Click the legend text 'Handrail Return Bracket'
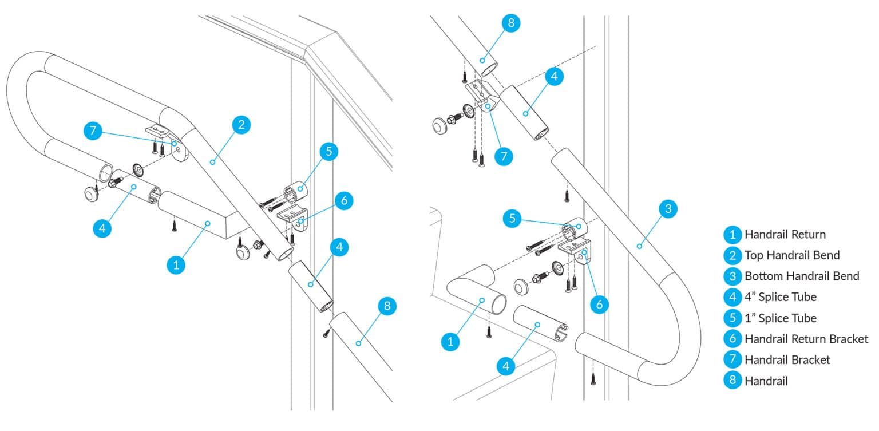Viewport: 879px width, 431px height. click(806, 339)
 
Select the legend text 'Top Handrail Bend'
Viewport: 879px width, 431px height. click(792, 255)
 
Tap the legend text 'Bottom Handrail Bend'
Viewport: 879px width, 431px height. click(801, 276)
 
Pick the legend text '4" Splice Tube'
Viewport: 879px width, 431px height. click(780, 296)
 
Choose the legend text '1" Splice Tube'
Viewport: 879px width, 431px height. click(780, 318)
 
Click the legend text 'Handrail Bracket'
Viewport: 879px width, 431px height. click(787, 359)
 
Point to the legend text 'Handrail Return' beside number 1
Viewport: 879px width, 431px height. click(785, 234)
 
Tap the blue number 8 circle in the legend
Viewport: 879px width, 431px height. click(732, 381)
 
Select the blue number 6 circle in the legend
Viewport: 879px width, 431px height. click(732, 339)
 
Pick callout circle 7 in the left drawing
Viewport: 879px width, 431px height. click(93, 131)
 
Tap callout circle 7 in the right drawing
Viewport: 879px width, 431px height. click(503, 156)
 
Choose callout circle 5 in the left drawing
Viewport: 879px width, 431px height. click(328, 152)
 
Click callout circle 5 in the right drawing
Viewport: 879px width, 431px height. click(513, 219)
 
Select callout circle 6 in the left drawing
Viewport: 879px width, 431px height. click(343, 201)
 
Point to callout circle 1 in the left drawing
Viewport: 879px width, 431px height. click(176, 264)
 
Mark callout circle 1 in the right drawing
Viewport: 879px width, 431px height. click(451, 342)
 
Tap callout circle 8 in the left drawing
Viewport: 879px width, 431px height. click(387, 306)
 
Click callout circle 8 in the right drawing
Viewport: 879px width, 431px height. click(511, 23)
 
